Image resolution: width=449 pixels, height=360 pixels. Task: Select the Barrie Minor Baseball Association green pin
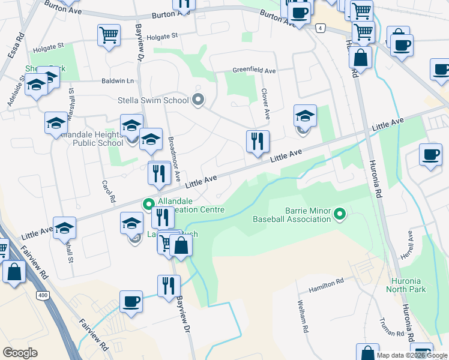(340, 214)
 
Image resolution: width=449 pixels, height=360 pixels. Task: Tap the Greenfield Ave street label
(254, 71)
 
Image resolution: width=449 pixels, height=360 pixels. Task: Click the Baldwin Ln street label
(118, 80)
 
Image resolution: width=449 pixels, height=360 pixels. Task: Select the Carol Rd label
(109, 191)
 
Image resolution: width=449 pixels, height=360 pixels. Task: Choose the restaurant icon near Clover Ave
(258, 142)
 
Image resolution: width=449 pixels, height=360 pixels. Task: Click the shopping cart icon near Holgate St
(109, 35)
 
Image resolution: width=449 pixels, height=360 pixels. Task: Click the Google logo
(20, 353)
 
